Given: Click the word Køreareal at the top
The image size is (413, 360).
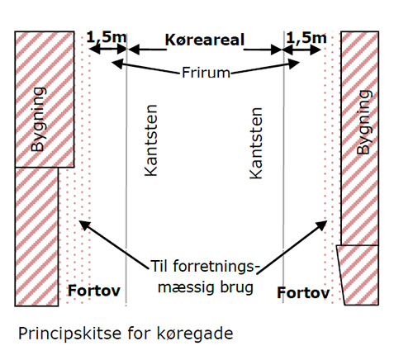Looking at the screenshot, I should [205, 39].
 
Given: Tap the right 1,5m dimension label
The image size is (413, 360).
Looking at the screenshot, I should [302, 36].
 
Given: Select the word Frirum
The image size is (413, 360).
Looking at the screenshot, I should [205, 73].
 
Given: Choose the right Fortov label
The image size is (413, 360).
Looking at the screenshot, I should [303, 292].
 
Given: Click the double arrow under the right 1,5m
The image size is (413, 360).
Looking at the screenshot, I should [302, 50].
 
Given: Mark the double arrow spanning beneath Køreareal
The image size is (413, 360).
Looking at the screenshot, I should [205, 50].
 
